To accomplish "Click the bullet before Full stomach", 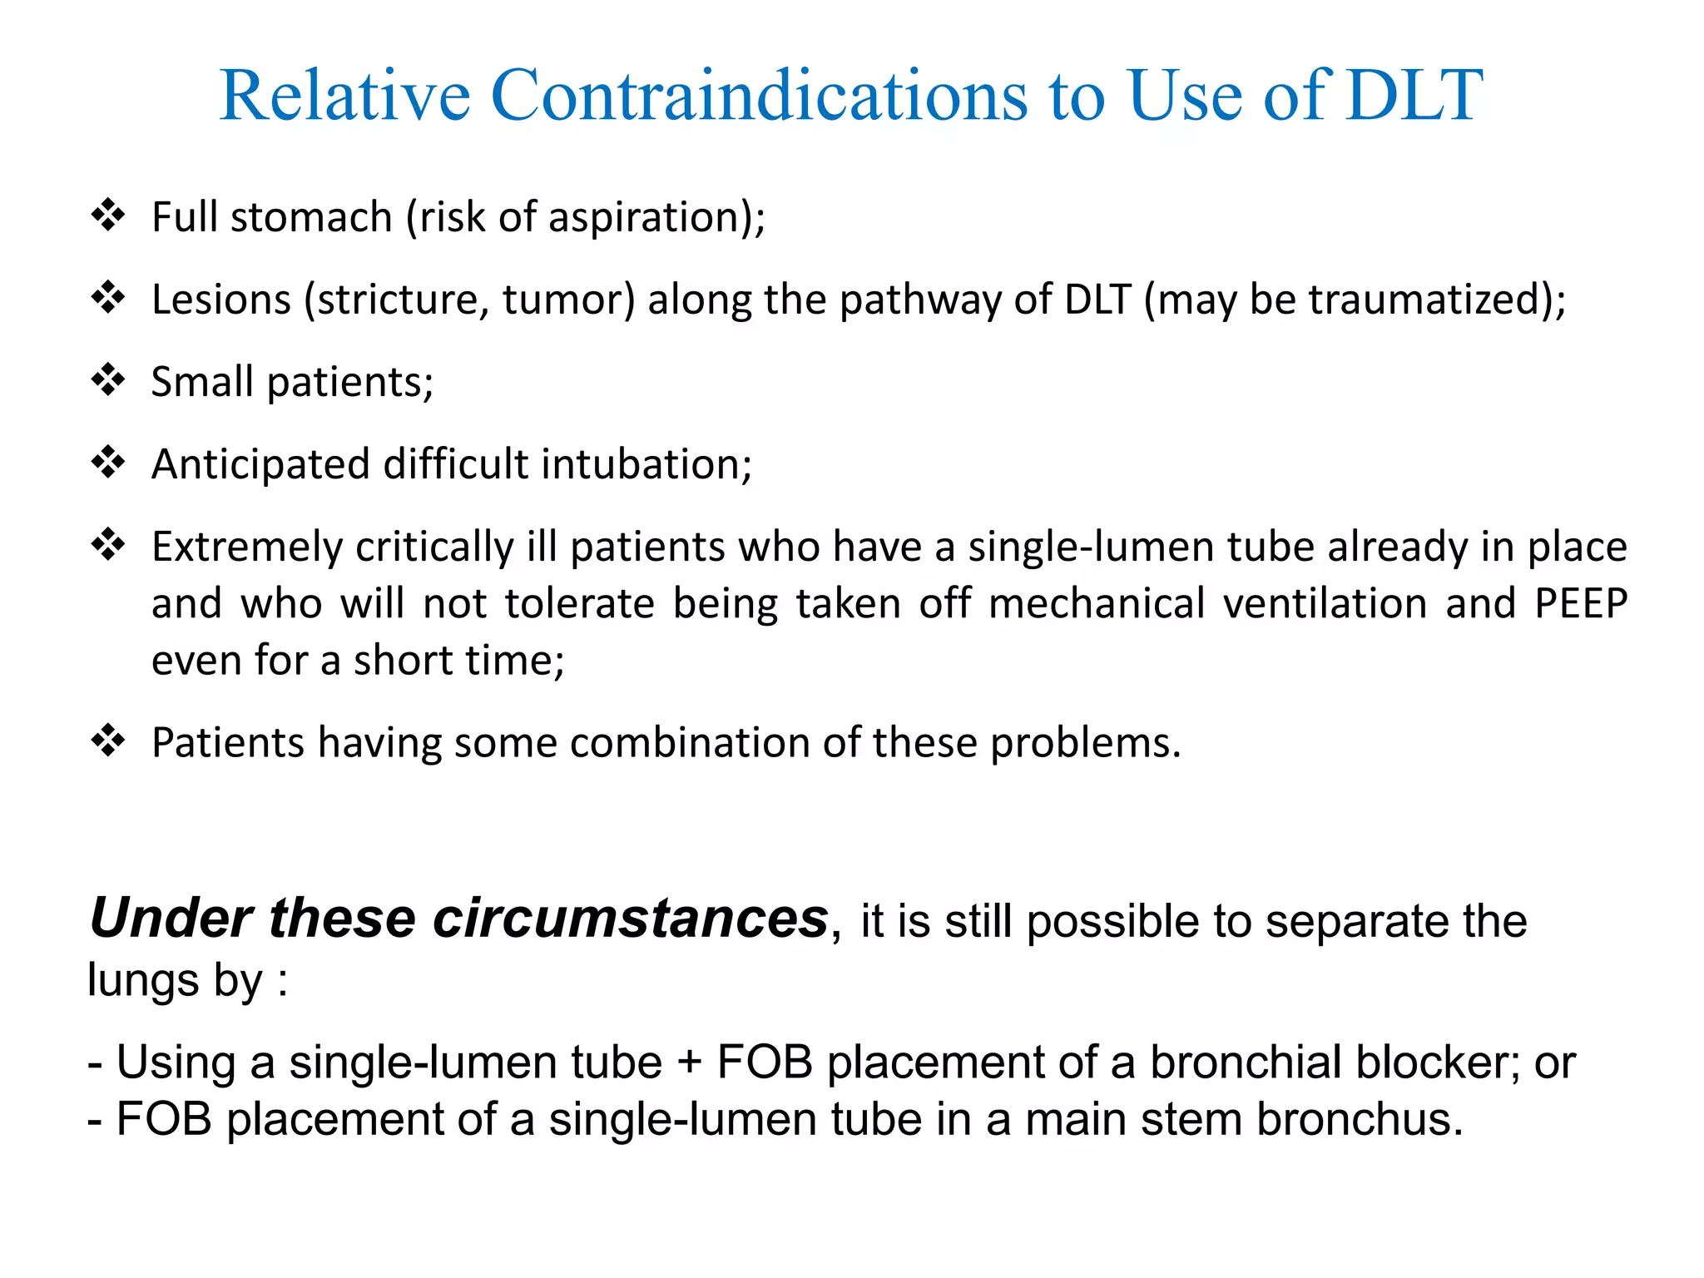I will pos(108,215).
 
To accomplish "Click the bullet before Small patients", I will pos(108,380).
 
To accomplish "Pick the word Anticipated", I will pos(260,464).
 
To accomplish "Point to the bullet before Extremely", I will pos(108,545).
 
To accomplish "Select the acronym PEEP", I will pos(1580,603).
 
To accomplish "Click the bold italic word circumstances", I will pos(630,919).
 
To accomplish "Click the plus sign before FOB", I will pos(689,1063).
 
